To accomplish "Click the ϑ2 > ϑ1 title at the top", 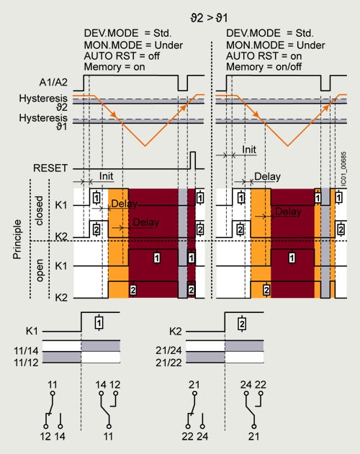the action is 209,18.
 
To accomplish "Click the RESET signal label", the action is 50,168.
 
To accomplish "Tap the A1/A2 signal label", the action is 53,82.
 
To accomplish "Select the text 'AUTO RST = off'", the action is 122,56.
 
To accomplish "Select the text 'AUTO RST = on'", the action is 264,56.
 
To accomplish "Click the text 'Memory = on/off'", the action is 264,67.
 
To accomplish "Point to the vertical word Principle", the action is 17,239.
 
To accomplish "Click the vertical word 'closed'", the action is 39,211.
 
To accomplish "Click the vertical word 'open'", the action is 39,271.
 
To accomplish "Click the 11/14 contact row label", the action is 26,351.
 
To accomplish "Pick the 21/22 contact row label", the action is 168,363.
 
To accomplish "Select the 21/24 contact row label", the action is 168,350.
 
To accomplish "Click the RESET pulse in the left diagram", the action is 193,160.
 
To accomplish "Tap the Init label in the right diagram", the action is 249,150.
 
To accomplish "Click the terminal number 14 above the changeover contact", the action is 101,384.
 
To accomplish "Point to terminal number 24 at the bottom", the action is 202,436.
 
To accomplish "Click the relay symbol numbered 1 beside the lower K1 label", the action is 99,322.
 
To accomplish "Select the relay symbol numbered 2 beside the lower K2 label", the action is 242,324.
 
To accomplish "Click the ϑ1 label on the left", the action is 61,127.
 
